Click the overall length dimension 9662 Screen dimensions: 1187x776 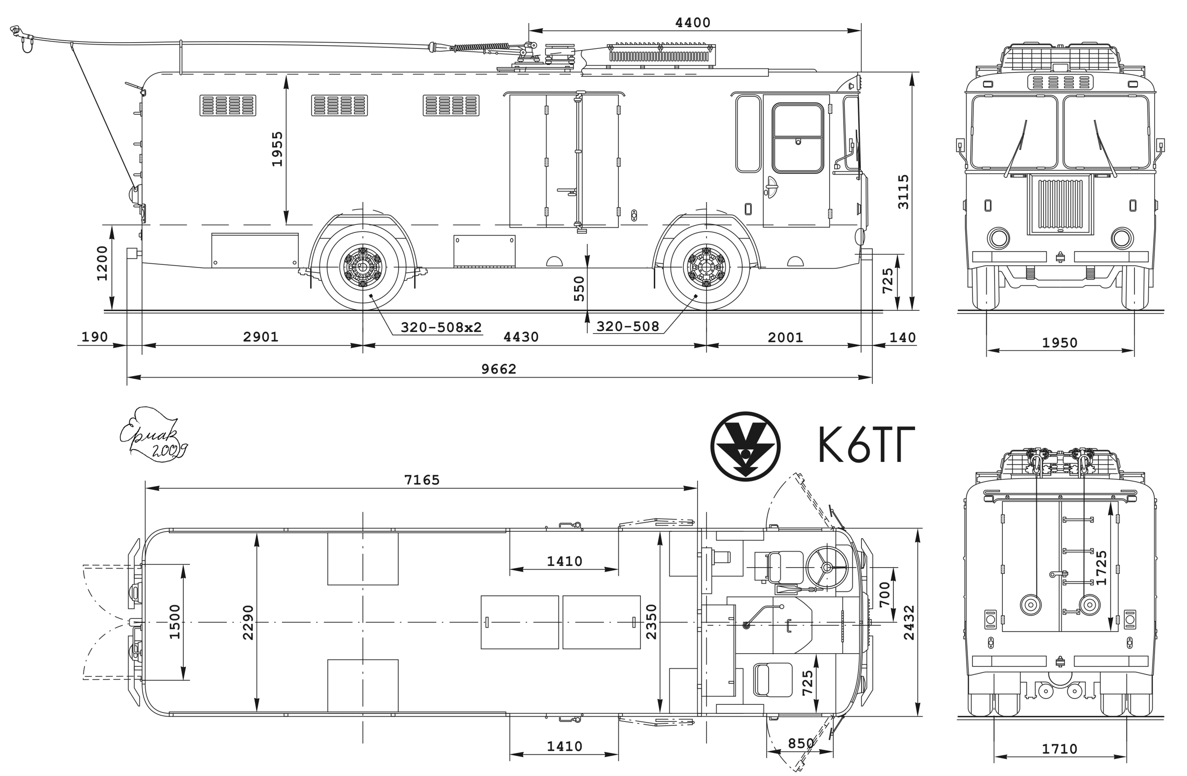(x=498, y=369)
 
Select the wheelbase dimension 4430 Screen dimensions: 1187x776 (x=521, y=337)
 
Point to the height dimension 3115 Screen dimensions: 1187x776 (x=903, y=192)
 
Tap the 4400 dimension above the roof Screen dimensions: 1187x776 (x=692, y=22)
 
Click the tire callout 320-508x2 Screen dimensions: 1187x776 (x=442, y=327)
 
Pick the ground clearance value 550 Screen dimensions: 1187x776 (x=578, y=288)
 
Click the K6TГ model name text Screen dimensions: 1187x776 (x=867, y=443)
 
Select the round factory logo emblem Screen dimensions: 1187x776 (x=745, y=446)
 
